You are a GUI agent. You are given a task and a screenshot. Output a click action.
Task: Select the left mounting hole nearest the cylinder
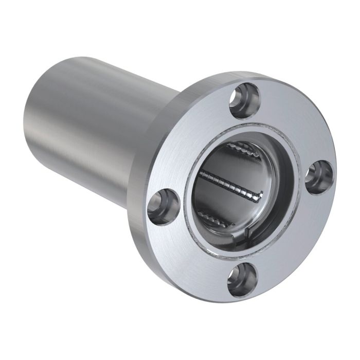pos(163,206)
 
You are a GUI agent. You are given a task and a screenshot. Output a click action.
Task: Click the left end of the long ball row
pos(202,173)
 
